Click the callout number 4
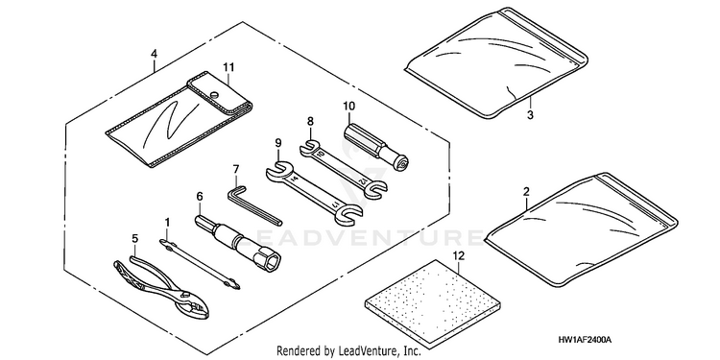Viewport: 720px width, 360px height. click(154, 54)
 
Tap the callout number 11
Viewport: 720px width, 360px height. click(228, 67)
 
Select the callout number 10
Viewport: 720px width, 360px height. click(348, 106)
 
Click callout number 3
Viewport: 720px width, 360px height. click(530, 115)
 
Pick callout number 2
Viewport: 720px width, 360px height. click(526, 191)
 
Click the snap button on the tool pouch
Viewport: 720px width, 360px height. click(214, 94)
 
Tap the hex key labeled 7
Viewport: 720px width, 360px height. click(254, 204)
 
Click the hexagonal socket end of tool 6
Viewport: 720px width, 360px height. click(270, 261)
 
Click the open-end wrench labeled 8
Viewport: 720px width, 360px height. click(343, 170)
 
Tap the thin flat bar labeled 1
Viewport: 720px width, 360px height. click(200, 265)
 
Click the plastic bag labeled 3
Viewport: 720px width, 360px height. click(496, 63)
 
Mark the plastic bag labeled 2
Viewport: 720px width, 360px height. click(582, 228)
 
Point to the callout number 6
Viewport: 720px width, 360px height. click(200, 197)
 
